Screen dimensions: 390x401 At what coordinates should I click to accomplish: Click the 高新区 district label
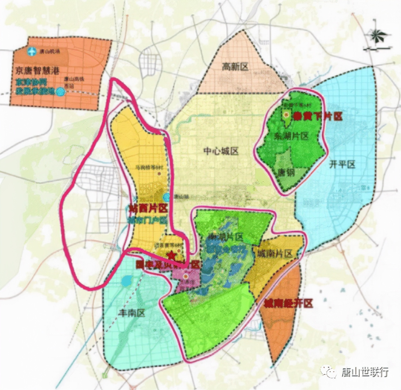(235, 67)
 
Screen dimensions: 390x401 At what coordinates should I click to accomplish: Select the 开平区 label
(342, 165)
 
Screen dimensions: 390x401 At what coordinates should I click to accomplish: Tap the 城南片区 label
(275, 254)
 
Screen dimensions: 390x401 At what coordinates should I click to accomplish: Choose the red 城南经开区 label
(288, 303)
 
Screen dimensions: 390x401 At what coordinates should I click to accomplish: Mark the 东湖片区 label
(291, 136)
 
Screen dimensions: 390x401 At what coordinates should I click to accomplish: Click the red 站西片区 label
(148, 208)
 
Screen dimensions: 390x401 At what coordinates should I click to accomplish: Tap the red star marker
(172, 255)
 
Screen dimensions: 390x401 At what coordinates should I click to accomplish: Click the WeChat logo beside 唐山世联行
(329, 371)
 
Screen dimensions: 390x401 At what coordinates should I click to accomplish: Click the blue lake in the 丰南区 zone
(127, 281)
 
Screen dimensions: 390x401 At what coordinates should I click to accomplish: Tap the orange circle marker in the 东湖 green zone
(286, 115)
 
